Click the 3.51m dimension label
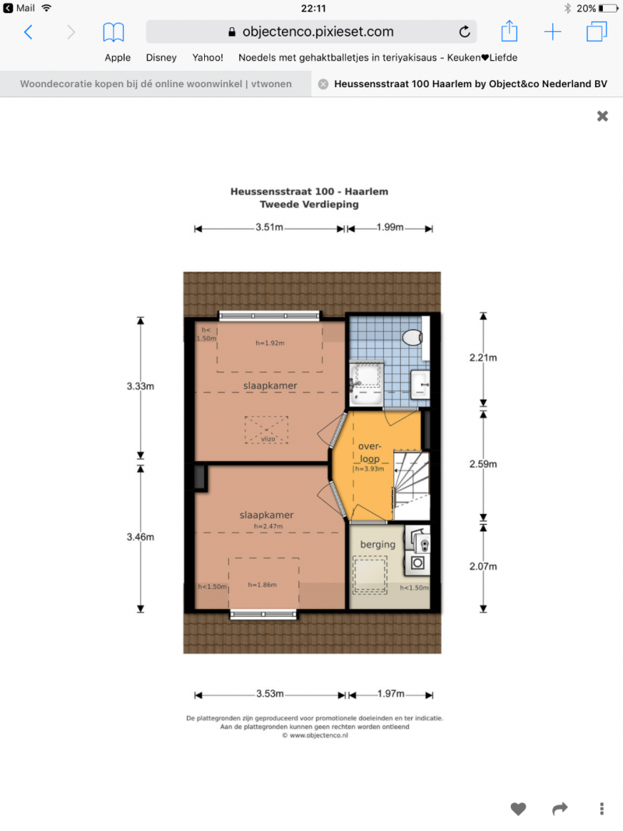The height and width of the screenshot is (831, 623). (269, 227)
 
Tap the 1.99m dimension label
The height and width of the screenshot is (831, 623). (390, 227)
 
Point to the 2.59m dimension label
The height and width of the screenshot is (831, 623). (483, 464)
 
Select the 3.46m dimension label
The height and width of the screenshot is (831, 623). (140, 537)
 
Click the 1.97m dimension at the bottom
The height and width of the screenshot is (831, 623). (390, 694)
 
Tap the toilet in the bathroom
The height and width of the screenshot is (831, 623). (413, 337)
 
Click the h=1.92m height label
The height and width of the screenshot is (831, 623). (270, 343)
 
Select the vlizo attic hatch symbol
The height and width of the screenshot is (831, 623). (266, 430)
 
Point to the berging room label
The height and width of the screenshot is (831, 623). (378, 544)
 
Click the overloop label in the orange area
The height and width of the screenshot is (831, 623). (370, 452)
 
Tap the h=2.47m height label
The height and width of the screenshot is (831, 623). (268, 526)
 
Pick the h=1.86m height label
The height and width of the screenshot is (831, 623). (262, 585)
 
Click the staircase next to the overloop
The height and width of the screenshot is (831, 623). (411, 485)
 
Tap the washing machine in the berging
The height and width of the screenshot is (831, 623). (417, 563)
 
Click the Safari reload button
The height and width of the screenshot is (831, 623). (465, 32)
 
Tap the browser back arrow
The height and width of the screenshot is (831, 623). (29, 33)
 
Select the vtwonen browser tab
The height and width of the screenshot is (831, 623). (156, 84)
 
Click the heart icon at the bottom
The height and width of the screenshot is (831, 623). (518, 808)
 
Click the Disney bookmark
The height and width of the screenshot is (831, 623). (161, 58)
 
